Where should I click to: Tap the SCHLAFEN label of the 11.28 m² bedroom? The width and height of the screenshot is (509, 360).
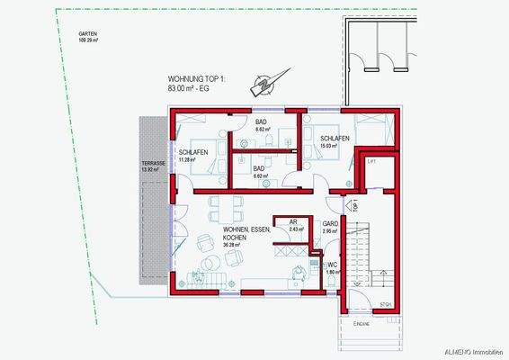193,152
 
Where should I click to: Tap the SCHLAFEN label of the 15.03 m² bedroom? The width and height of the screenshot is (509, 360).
335,138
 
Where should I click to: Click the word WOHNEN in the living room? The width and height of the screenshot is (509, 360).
237,229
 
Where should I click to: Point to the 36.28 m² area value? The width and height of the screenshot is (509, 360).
235,244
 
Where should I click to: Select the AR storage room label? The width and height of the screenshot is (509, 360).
293,221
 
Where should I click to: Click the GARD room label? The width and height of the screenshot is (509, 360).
330,223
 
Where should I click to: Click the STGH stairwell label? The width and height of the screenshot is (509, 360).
385,303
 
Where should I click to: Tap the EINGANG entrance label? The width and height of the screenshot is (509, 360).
362,322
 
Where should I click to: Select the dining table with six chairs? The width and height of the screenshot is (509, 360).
226,207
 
